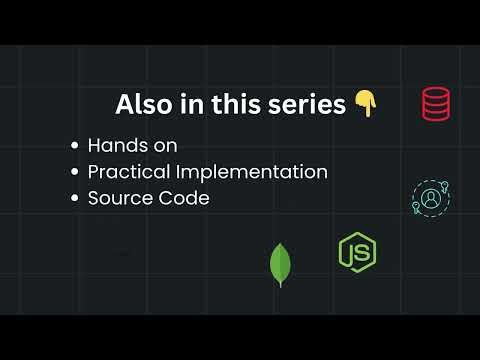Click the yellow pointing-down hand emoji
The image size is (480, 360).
[365, 104]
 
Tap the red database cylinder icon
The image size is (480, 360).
[435, 103]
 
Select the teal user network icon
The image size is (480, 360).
[430, 197]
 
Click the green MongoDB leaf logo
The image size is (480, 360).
[280, 264]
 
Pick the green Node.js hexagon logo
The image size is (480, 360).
[357, 252]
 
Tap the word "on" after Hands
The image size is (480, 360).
[165, 146]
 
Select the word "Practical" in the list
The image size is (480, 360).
[128, 172]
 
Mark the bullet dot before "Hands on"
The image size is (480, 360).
[75, 146]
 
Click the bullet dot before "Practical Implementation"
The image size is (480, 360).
[75, 172]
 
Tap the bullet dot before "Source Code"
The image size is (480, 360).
[75, 198]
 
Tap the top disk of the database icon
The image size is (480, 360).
[435, 93]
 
